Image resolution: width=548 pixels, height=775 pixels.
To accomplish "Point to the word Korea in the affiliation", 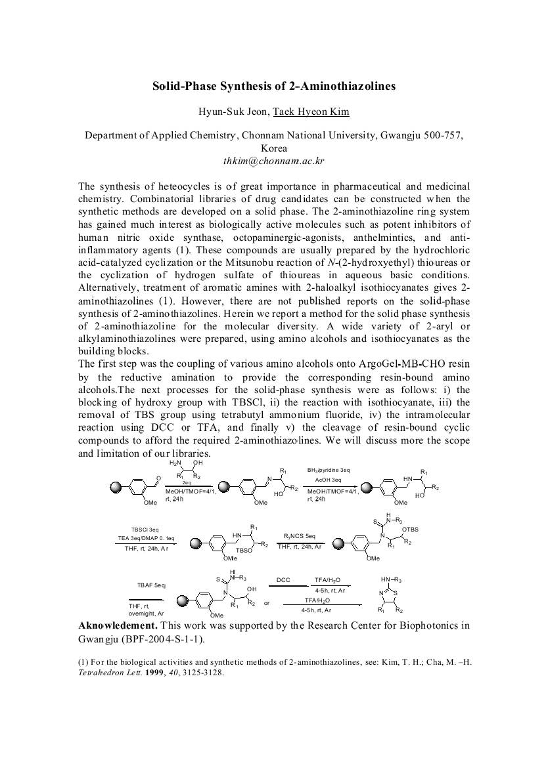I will point(274,148).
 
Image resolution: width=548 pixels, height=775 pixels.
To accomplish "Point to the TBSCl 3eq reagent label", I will point(145,529).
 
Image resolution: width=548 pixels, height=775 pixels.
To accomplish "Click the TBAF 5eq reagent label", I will point(151,584).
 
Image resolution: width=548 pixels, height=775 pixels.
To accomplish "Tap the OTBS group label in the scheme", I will point(410,529).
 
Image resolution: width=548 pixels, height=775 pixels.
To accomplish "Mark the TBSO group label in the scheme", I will point(244,552).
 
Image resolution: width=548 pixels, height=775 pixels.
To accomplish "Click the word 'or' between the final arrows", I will point(266,602).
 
